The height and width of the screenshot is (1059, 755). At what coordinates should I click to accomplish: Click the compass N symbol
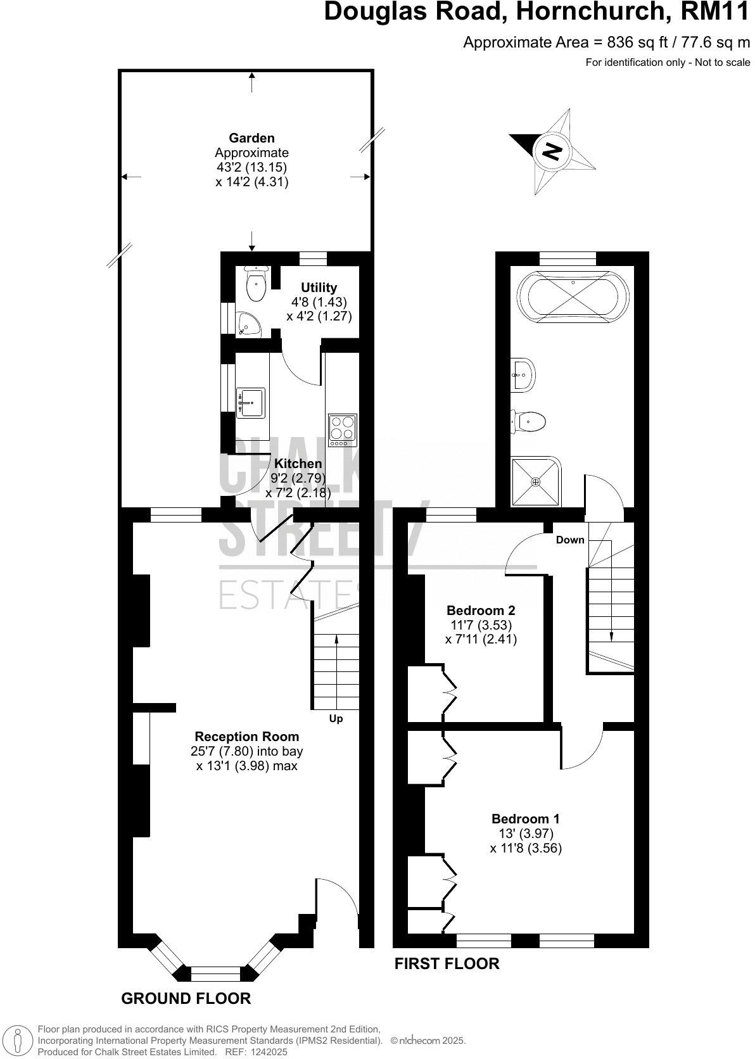(x=552, y=151)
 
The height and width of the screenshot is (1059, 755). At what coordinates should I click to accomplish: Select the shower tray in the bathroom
(x=536, y=483)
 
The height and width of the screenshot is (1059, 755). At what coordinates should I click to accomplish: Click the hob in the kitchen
(x=342, y=430)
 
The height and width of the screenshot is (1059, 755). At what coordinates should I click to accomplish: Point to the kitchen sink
(x=250, y=403)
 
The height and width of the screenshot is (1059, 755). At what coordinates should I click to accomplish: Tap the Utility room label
(x=319, y=288)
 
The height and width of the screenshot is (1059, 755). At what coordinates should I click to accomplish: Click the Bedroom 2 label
(x=481, y=611)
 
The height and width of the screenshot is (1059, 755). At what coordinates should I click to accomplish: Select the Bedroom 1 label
(x=525, y=819)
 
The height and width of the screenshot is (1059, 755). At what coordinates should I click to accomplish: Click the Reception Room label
(x=246, y=737)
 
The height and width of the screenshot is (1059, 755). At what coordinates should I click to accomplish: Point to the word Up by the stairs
(x=336, y=719)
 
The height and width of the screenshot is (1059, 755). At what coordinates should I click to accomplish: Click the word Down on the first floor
(x=570, y=540)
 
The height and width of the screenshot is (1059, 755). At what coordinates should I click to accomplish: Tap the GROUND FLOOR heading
(x=186, y=999)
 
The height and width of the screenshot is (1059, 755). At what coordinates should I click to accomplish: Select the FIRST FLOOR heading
(x=447, y=964)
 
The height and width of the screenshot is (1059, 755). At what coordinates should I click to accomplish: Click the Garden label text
(x=251, y=138)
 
